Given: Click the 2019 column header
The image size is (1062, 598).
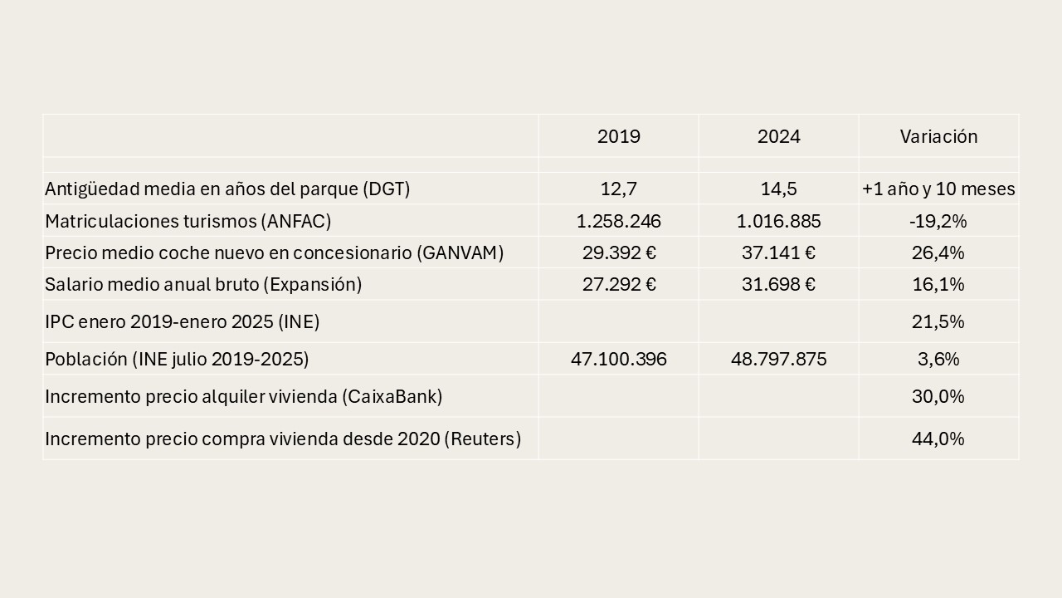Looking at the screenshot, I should pos(618,136).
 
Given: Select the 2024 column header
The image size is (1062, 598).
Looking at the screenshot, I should pos(778,136).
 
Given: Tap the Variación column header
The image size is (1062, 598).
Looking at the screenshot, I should pos(938,136).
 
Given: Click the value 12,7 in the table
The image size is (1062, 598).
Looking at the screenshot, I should pos(618,189).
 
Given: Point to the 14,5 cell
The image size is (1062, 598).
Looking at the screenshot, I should pos(778,189).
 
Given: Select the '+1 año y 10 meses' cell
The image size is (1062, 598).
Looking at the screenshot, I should pos(938,189).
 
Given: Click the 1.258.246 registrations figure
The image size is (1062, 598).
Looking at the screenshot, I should pos(618,221).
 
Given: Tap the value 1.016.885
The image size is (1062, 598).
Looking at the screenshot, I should pos(778,221).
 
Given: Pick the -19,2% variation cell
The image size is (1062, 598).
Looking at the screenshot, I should pos(938,221).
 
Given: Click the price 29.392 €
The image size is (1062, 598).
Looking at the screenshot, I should pos(618,252).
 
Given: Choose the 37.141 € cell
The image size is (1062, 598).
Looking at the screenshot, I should pos(778,252).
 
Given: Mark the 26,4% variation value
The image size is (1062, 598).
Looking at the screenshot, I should pos(938,252).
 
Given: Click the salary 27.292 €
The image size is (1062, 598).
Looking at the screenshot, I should pos(618,284).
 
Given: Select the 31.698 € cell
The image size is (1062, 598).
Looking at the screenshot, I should pos(778,284).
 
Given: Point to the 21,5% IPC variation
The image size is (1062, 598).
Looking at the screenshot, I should pos(938,321).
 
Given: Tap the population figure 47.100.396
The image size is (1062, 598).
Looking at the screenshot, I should pos(618,359).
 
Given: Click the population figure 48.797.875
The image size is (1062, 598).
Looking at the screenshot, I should pos(778,359).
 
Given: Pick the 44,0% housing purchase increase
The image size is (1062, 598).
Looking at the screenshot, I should pos(938,439).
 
